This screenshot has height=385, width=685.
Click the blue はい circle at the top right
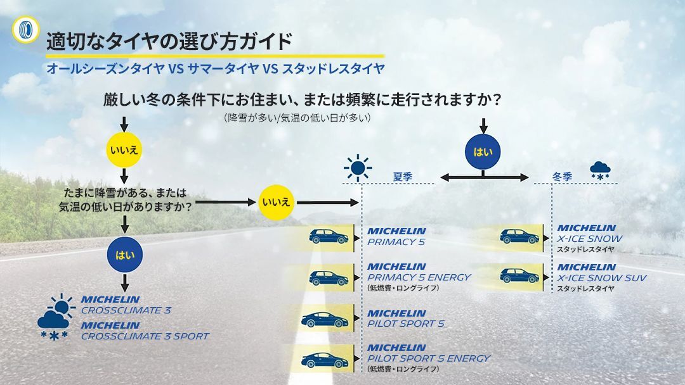(483, 152)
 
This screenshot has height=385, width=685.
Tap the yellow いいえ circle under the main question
(124, 150)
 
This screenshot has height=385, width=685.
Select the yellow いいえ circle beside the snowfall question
(276, 203)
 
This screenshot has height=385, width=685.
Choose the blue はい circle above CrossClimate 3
(124, 255)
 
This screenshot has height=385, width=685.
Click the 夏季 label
(403, 177)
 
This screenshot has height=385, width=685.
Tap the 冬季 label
(562, 177)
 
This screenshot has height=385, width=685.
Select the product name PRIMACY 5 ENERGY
(419, 277)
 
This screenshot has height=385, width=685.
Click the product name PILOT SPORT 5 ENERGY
(429, 358)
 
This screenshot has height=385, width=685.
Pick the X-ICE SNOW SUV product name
(602, 278)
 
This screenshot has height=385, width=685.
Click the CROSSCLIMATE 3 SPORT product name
(145, 336)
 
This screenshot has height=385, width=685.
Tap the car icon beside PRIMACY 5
(329, 237)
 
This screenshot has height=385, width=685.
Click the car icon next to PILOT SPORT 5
(324, 319)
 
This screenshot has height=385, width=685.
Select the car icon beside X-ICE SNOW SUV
(519, 275)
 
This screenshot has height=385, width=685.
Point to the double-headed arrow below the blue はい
(484, 177)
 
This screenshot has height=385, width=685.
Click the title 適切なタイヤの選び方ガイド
(169, 42)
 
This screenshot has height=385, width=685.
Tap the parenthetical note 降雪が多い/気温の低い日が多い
(297, 118)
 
